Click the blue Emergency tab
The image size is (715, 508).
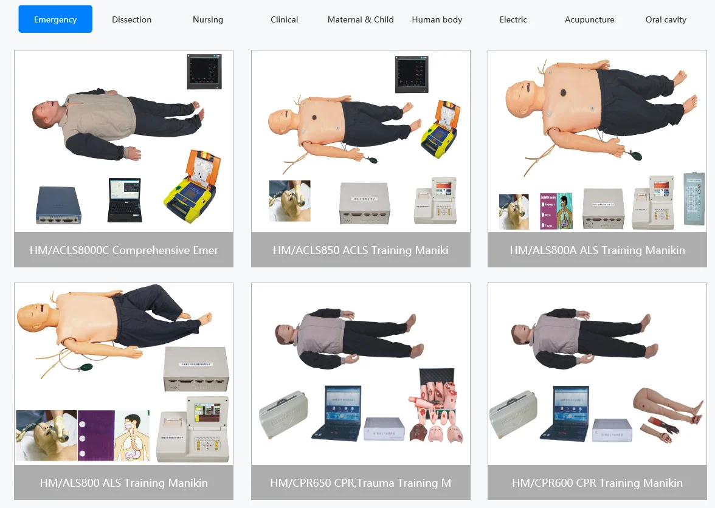click(55, 19)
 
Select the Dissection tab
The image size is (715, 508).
click(131, 19)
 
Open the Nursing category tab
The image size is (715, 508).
click(208, 19)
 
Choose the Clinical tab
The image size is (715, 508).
click(284, 19)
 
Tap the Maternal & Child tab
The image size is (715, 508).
click(361, 19)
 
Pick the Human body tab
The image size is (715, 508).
click(437, 19)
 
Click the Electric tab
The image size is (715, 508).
click(513, 19)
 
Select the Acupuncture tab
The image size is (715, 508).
click(589, 19)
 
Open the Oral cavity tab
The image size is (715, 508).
click(666, 19)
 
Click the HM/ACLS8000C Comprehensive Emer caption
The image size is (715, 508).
click(123, 250)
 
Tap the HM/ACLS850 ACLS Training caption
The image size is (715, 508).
click(361, 250)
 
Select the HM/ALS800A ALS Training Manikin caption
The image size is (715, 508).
click(597, 250)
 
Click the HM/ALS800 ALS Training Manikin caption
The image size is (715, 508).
click(123, 483)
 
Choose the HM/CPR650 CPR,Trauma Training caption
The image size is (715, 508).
click(361, 483)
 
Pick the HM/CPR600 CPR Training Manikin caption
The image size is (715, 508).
click(597, 483)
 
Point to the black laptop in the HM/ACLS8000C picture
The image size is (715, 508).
click(125, 200)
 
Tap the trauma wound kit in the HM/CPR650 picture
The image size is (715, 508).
click(437, 407)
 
